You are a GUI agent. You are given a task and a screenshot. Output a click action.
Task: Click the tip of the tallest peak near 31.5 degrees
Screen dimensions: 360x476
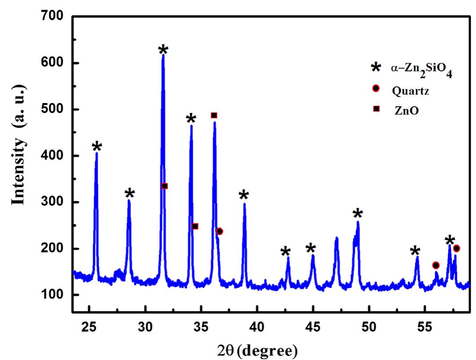[x=163, y=55]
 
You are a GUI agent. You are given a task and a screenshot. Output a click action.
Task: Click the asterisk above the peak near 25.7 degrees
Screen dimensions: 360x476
[x=97, y=147]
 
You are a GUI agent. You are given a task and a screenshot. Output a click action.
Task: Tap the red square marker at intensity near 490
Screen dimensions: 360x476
[x=214, y=115]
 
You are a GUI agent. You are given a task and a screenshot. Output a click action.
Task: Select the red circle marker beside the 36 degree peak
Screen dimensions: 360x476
[x=219, y=231]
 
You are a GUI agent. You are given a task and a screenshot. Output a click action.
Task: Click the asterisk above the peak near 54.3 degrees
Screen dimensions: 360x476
[x=415, y=251]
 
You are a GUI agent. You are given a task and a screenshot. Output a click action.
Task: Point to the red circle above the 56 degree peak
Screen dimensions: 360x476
[x=436, y=265]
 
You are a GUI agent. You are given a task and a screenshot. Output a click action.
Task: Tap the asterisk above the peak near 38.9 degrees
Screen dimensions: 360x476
[x=244, y=195]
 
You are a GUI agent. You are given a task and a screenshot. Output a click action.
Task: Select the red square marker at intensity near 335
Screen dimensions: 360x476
[x=165, y=186]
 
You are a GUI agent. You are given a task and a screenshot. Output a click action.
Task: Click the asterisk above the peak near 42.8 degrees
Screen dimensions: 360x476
[x=285, y=252]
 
